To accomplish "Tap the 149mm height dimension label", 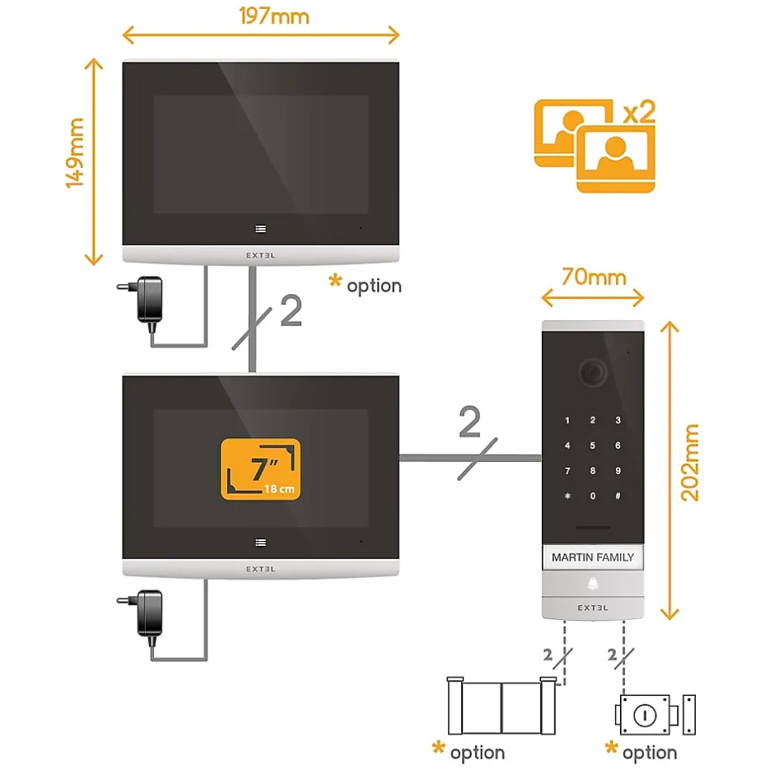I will [x=76, y=153].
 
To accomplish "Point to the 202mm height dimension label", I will [x=690, y=463].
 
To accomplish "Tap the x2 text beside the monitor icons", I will [x=638, y=111].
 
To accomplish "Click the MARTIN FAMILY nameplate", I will [x=593, y=557].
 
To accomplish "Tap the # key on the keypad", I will [x=618, y=497].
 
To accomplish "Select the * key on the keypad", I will [x=567, y=497].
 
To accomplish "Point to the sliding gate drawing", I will [x=501, y=706].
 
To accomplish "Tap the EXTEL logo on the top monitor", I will [x=261, y=255].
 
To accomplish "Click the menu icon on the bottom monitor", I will [x=261, y=542].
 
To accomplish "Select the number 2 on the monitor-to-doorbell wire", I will [x=470, y=423].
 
